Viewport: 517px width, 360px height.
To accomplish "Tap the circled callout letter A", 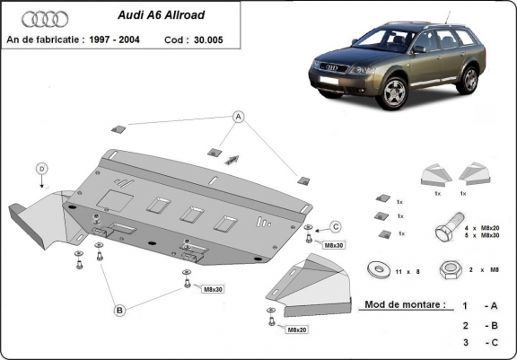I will (x=239, y=117).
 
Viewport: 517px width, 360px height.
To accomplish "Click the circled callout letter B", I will (x=118, y=311).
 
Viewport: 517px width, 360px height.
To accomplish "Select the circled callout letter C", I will (x=336, y=225).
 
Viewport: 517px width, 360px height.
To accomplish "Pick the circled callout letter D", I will (x=41, y=168).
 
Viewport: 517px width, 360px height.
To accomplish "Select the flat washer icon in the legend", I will (x=373, y=268).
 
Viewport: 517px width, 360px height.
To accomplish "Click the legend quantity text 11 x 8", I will (x=405, y=268).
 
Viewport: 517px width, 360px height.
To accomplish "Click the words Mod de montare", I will (x=404, y=305).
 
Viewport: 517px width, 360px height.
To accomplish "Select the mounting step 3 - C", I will (x=478, y=342).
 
